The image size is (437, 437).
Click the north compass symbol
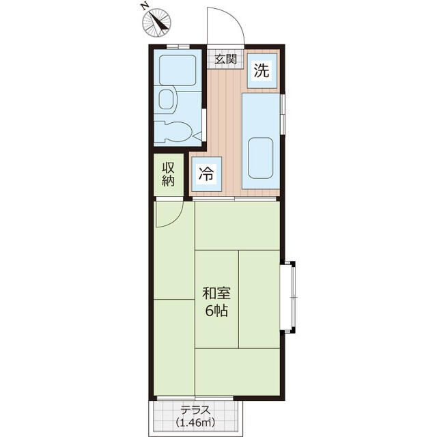(x=156, y=23)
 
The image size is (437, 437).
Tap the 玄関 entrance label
(x=225, y=59)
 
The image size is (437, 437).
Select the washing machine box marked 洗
(x=262, y=71)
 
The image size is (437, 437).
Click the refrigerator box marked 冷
(x=206, y=174)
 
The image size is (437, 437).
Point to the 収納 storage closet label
(x=169, y=174)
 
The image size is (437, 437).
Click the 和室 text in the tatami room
(x=216, y=294)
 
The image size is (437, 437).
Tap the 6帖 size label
(x=216, y=311)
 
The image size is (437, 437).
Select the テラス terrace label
(x=195, y=410)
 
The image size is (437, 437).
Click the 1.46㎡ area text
(x=195, y=423)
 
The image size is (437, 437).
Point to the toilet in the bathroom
(x=173, y=131)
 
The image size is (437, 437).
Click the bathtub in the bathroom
(x=178, y=70)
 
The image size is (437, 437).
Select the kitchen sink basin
(x=260, y=158)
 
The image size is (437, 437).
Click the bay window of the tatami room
(x=288, y=297)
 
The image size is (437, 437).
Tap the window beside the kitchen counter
(x=283, y=114)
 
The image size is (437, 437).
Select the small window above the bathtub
(x=178, y=46)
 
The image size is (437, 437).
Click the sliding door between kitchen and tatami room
(x=234, y=199)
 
